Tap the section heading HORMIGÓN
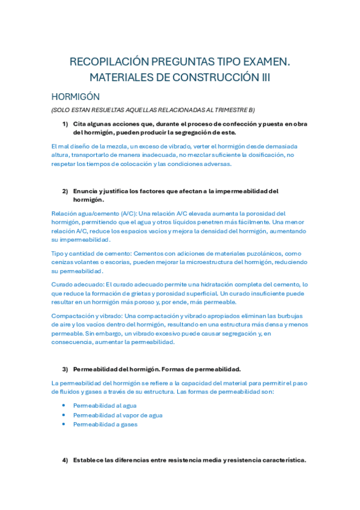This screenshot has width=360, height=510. tap(76, 96)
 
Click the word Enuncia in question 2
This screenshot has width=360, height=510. tap(85, 191)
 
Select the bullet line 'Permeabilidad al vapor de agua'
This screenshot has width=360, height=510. tap(118, 415)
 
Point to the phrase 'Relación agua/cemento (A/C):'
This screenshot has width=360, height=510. tap(94, 213)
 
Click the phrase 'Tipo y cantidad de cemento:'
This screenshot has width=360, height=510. tap(91, 253)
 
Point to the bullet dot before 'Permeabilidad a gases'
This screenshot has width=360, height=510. tap(64, 424)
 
